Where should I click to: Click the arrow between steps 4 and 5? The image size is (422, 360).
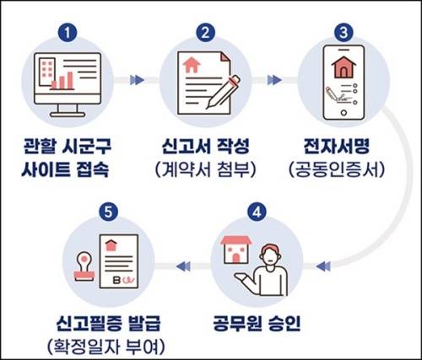click(x=183, y=267)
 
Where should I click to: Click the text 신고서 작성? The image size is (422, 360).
click(x=206, y=143)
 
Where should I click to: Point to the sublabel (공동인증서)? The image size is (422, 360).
click(x=343, y=166)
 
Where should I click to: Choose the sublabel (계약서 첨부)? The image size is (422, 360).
click(x=206, y=166)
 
